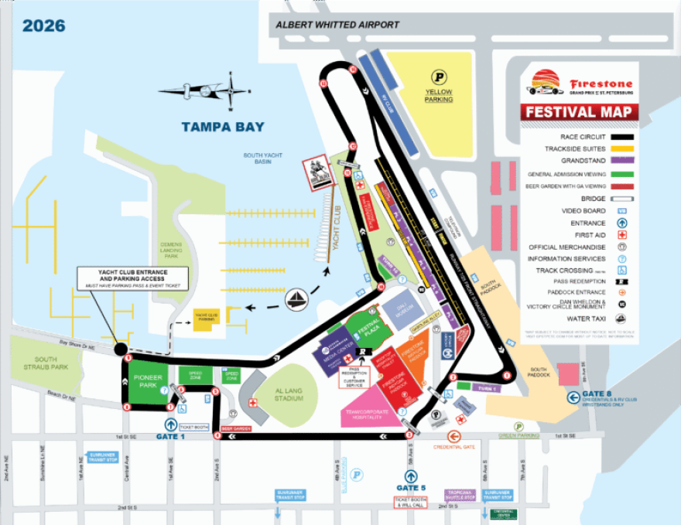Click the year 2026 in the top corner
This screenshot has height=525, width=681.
coord(43,26)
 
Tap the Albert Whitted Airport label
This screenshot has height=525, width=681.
coord(337,25)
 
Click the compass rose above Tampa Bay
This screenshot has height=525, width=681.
coord(229,90)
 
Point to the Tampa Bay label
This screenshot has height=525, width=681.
coord(223,127)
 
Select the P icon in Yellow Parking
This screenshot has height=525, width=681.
coord(438,77)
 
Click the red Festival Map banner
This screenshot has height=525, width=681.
coord(580,112)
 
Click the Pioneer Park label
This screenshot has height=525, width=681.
coord(147,381)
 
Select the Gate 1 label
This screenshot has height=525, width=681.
coord(171,438)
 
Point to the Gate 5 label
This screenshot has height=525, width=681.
coord(411,488)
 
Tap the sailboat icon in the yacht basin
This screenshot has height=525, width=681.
coord(296,299)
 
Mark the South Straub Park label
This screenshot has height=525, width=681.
coord(35,363)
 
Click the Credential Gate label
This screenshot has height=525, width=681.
coord(453,447)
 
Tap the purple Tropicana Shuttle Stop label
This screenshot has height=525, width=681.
coord(460,495)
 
